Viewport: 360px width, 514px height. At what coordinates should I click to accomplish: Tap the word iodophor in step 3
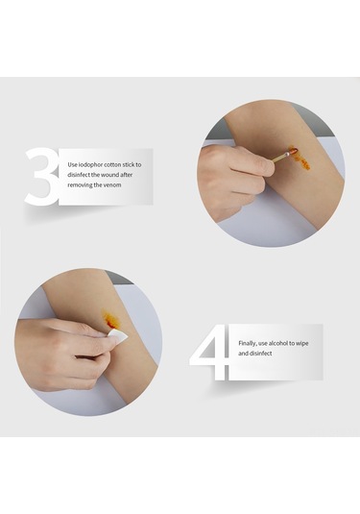click(91, 164)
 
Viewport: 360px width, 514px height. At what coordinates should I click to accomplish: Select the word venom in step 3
click(112, 184)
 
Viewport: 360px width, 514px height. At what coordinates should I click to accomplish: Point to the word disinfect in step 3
click(79, 175)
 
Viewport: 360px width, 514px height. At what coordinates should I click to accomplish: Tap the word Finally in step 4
click(248, 344)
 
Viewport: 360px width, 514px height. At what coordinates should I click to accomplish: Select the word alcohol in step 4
click(277, 343)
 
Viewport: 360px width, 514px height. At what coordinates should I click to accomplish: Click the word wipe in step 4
click(302, 344)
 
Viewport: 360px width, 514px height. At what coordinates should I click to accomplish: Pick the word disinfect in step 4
click(261, 354)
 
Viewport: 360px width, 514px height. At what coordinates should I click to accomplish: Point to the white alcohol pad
click(119, 336)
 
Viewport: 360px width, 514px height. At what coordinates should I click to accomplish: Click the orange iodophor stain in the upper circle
click(300, 159)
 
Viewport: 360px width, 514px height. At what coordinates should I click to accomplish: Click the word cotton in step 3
click(112, 164)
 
